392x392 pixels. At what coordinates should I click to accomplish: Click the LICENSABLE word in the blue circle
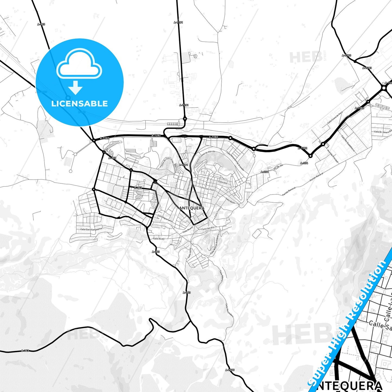[79, 104]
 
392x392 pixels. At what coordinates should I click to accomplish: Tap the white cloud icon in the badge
[79, 64]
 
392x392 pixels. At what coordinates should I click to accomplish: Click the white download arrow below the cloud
[75, 87]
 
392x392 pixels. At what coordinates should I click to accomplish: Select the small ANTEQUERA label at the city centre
[192, 208]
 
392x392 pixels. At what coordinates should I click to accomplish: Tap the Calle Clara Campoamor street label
[91, 229]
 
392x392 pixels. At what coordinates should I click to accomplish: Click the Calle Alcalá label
[159, 239]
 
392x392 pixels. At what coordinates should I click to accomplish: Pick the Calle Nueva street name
[188, 230]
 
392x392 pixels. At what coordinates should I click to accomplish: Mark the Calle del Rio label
[208, 228]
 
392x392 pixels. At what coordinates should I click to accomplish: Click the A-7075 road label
[230, 370]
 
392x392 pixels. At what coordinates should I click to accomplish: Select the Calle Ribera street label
[221, 276]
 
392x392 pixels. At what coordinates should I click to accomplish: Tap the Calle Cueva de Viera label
[335, 117]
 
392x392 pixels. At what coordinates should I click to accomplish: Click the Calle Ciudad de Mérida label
[207, 155]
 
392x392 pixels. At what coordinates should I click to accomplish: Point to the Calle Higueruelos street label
[165, 218]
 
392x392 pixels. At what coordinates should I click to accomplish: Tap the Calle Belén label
[230, 200]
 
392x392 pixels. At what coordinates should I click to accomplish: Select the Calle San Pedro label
[208, 189]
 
